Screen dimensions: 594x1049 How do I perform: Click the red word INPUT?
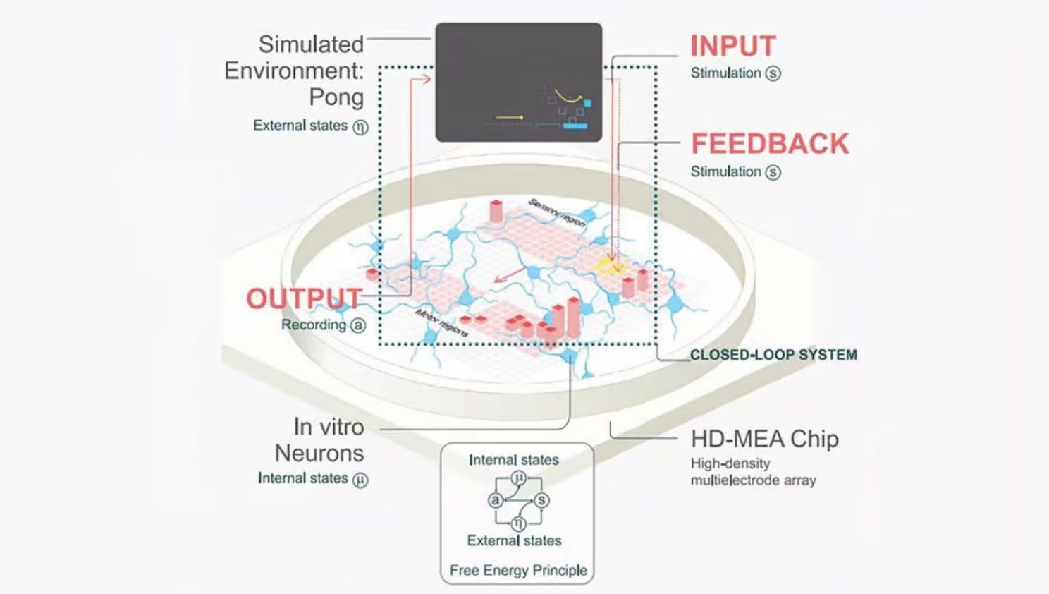[x=732, y=47]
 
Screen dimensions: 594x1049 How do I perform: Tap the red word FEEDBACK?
[x=770, y=144]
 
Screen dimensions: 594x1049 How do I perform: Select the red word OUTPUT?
[x=304, y=298]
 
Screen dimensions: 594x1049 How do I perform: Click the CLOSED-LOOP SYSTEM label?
[x=773, y=355]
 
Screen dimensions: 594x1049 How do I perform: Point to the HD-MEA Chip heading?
[x=764, y=439]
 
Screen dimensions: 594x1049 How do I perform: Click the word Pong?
[x=336, y=97]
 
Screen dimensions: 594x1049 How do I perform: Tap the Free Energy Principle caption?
[x=518, y=570]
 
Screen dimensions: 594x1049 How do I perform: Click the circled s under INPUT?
[x=773, y=73]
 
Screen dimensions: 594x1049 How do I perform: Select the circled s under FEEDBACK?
[x=773, y=172]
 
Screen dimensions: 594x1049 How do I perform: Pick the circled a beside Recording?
[x=358, y=325]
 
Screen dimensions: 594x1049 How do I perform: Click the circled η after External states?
[x=360, y=127]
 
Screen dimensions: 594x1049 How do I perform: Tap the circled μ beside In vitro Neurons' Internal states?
[x=360, y=480]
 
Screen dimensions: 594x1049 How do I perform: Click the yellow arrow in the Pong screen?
[x=510, y=117]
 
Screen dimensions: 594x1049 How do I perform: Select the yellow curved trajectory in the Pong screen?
[x=567, y=97]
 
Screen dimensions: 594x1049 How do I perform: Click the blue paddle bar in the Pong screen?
[x=575, y=126]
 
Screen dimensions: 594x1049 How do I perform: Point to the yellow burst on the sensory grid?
[x=607, y=265]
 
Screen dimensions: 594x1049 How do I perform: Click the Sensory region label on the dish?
[x=556, y=212]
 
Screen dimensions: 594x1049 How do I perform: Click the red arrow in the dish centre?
[x=509, y=274]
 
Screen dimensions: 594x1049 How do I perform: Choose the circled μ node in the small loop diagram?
[x=518, y=478]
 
